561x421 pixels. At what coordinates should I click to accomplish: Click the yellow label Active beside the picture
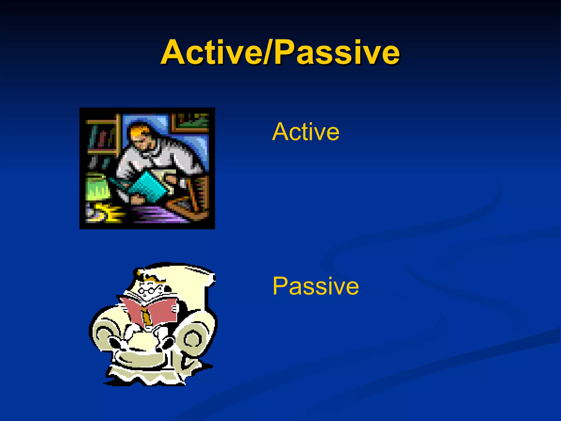[305, 132]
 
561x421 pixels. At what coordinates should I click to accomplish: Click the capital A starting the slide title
[175, 52]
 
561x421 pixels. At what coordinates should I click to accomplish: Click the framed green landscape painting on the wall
[190, 122]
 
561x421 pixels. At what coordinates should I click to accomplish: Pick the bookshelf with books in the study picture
[101, 137]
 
